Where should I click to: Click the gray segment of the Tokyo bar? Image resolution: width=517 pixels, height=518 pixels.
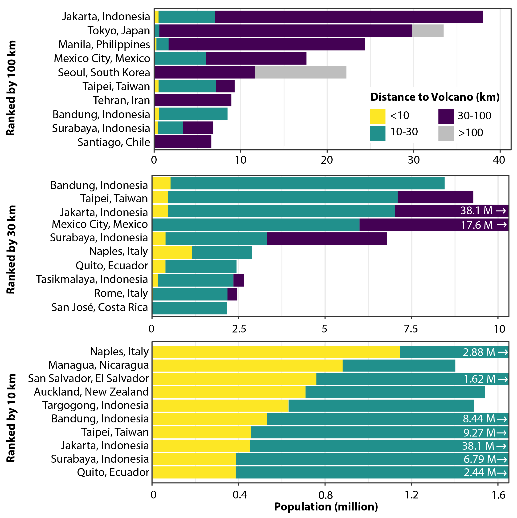point(427,31)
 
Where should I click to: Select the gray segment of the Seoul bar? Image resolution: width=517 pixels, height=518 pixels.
point(300,72)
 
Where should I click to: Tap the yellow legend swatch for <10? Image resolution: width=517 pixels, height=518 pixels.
point(378,116)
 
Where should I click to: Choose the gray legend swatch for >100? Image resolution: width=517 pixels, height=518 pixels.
point(446,133)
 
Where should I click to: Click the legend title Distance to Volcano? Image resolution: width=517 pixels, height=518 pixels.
point(435,97)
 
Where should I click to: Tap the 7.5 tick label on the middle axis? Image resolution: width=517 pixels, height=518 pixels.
point(411,329)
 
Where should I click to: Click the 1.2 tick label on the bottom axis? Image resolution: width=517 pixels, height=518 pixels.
point(411,495)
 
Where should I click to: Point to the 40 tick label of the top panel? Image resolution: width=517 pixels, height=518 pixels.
point(499,160)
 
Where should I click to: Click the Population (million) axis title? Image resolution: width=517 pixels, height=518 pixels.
point(326,507)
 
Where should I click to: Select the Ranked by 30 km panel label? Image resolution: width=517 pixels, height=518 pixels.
point(11,249)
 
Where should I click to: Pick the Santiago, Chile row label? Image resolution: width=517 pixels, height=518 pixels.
point(114,142)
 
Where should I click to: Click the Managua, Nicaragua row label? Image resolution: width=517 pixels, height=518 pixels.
point(98,365)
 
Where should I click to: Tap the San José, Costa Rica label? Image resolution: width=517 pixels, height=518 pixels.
point(99,307)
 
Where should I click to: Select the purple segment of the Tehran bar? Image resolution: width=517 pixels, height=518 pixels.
point(193,100)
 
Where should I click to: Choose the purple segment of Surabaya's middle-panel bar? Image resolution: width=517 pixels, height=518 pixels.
point(327,239)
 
